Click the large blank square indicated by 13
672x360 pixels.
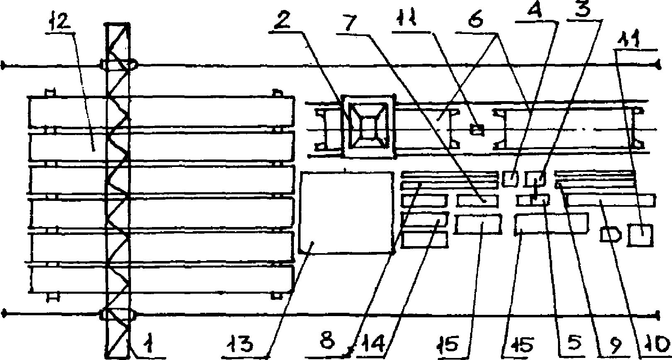pyautogui.click(x=346, y=212)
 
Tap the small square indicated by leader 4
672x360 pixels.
pyautogui.click(x=510, y=179)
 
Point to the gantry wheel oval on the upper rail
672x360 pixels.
pyautogui.click(x=119, y=65)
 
